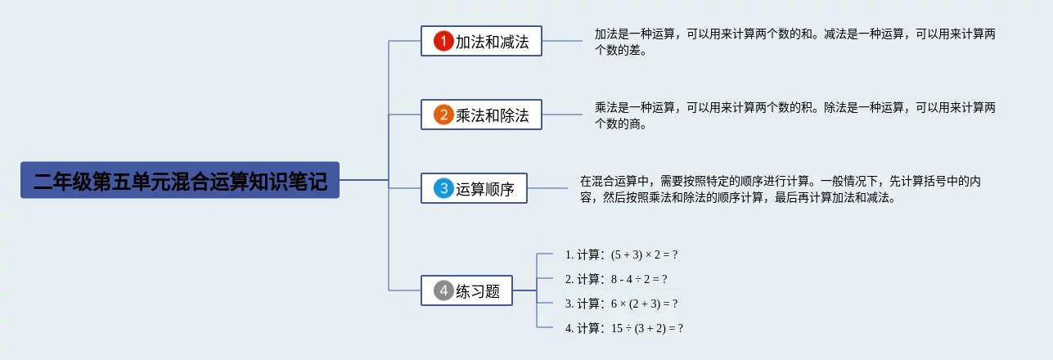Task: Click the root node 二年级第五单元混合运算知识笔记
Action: (x=179, y=180)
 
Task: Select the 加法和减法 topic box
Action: (x=481, y=41)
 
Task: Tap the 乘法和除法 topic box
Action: (x=481, y=115)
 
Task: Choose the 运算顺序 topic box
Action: (x=474, y=188)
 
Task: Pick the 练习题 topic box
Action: (x=466, y=290)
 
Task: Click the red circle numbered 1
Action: (x=443, y=41)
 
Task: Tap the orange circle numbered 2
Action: (x=443, y=115)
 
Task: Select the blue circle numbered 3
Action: (x=443, y=188)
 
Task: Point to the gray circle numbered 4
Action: (x=443, y=290)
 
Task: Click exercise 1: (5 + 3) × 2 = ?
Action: (x=621, y=254)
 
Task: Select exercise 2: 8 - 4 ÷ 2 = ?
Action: (x=616, y=279)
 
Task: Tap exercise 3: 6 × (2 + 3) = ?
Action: (x=621, y=304)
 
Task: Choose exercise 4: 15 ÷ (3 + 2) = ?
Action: (x=623, y=328)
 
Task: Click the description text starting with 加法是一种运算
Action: (x=795, y=42)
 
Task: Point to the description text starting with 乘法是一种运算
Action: (x=795, y=115)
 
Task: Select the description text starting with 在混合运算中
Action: (x=781, y=189)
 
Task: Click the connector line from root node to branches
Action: (x=364, y=179)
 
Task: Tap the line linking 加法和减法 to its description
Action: (x=562, y=41)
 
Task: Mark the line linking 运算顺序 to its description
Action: (x=547, y=188)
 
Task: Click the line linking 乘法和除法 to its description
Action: (x=562, y=115)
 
